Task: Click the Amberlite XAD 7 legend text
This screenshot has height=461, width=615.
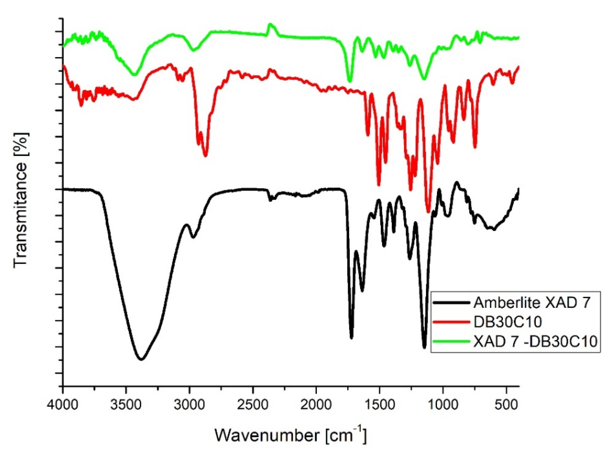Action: click(532, 303)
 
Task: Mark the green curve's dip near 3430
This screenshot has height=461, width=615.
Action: click(135, 74)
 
